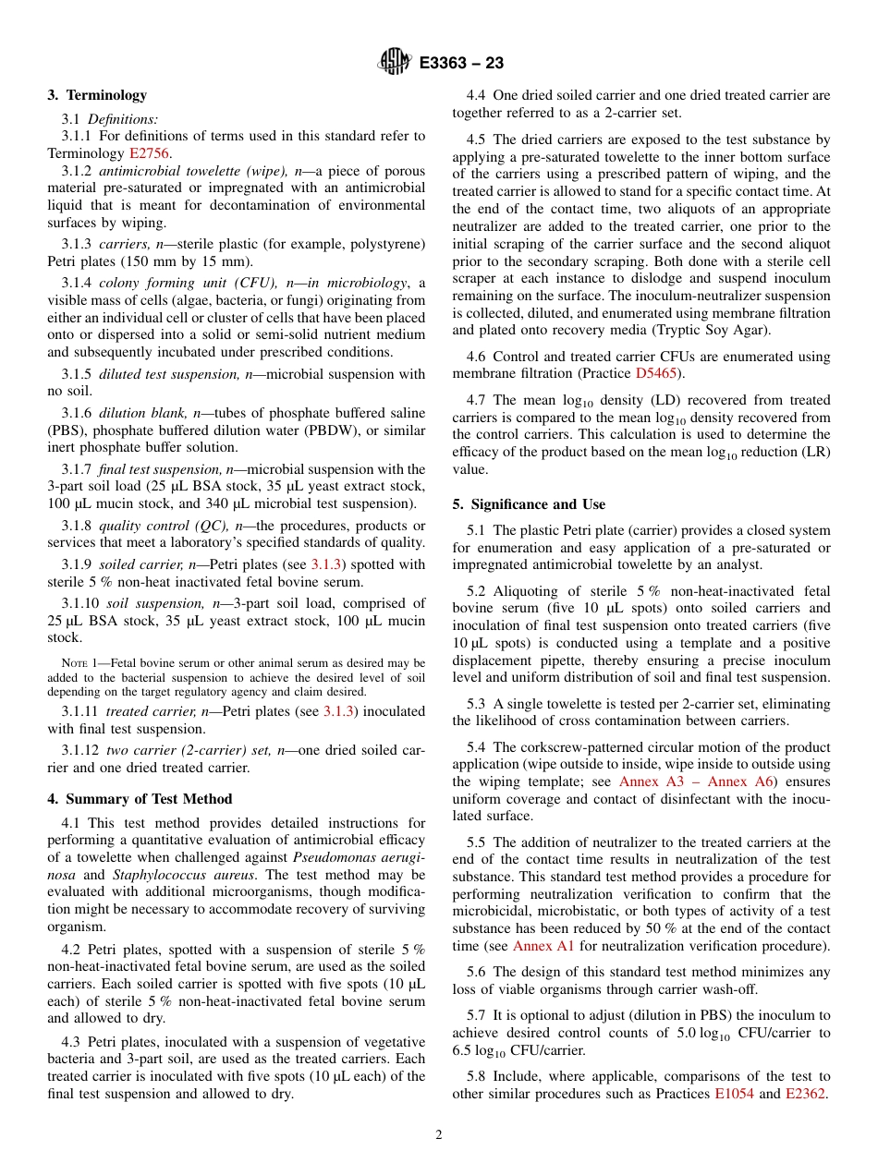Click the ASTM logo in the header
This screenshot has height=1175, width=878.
coord(394,63)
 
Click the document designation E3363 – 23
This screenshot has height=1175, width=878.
coord(461,64)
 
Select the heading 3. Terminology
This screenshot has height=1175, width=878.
coord(97,94)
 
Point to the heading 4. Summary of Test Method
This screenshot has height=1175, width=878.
coord(140,799)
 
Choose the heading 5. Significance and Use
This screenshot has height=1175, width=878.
coord(529,504)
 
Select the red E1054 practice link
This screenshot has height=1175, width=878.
coord(735,1120)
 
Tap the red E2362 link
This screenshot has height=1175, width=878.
coord(806,1120)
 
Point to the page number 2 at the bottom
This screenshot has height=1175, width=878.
coord(439,1135)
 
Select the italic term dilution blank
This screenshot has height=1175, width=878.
coord(135,412)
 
